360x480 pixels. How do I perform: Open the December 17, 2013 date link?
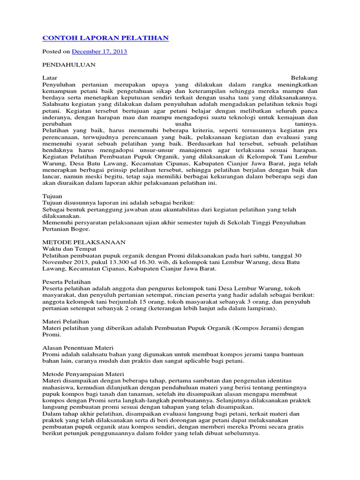click(x=99, y=52)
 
